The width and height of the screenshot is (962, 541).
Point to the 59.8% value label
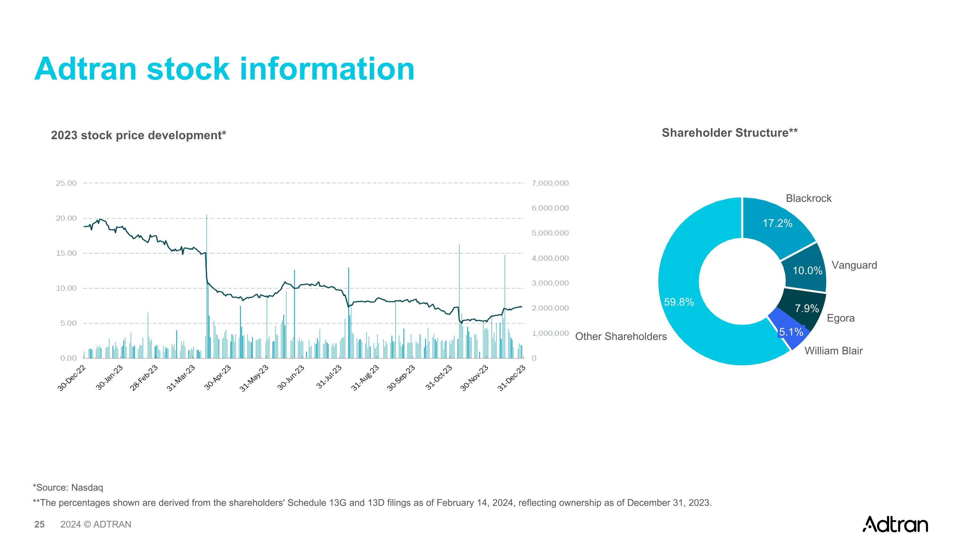coord(679,302)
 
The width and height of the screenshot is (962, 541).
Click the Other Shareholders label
coord(621,336)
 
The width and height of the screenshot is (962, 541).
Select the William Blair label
coord(833,351)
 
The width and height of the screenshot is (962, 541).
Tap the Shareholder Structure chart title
coord(729,133)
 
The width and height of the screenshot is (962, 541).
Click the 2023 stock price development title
coord(138,135)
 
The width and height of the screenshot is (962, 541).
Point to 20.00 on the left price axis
coord(66,218)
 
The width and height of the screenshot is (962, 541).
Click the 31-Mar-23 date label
coord(181,378)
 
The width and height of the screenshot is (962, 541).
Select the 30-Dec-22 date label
coord(72,378)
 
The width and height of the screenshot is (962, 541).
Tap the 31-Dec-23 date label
coord(511,378)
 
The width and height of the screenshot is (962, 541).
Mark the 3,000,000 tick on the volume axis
coord(550,283)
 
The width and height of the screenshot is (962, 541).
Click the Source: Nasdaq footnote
coord(68,487)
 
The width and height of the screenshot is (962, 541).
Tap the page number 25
coord(39,525)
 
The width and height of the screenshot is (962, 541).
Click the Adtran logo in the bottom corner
coord(895,524)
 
